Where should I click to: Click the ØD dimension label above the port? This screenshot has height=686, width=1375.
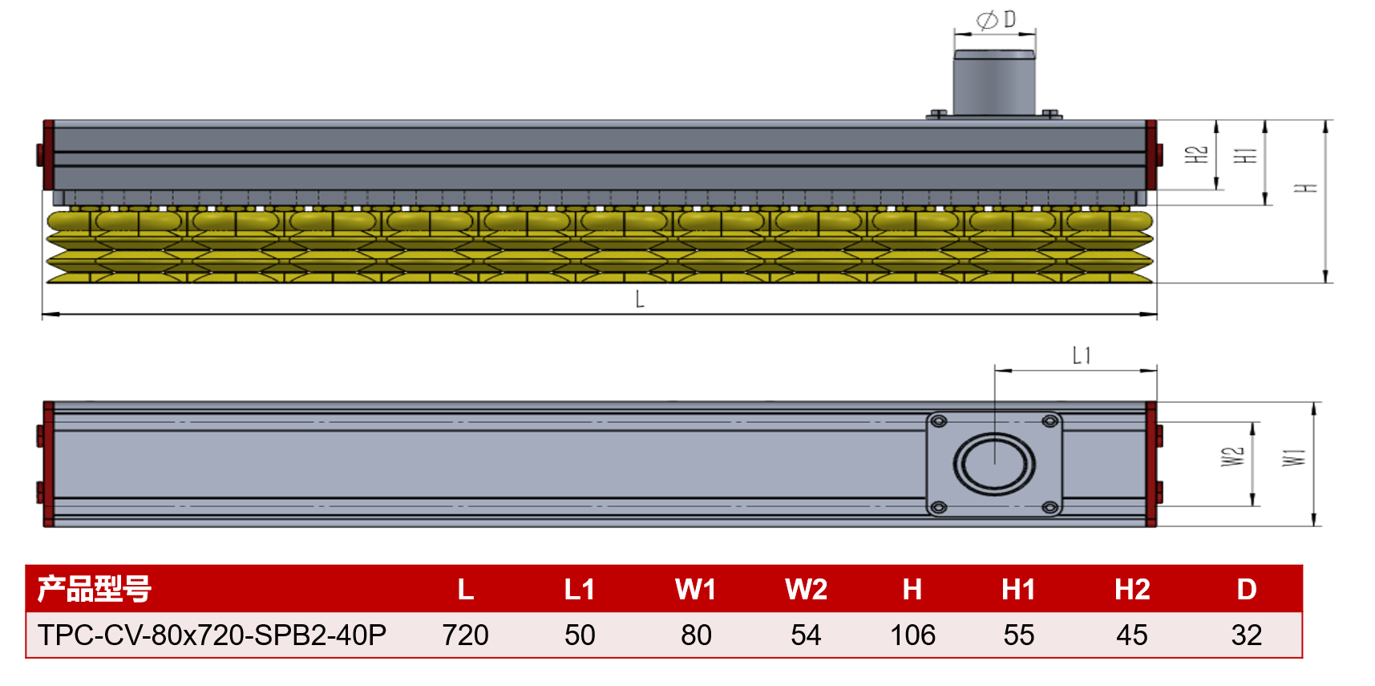(995, 19)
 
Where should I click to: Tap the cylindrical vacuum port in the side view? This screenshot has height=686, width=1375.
(994, 83)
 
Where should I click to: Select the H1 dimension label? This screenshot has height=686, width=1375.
(1245, 155)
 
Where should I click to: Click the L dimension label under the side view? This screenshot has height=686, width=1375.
(640, 299)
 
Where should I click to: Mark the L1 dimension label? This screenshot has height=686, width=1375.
(1082, 355)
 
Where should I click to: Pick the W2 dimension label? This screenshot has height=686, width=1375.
(1232, 457)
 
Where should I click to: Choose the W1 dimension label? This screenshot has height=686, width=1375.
(1294, 457)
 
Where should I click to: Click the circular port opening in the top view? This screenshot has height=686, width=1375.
(994, 464)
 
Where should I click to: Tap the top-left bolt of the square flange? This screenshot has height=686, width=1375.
(939, 421)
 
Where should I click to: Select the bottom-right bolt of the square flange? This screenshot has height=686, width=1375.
(1049, 507)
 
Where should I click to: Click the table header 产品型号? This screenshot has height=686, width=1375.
(95, 589)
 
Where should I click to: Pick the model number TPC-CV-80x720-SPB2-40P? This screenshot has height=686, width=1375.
(212, 635)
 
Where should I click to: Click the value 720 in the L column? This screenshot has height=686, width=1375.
(466, 635)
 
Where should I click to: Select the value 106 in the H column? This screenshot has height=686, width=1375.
(913, 635)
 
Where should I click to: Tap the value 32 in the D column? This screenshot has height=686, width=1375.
(1247, 635)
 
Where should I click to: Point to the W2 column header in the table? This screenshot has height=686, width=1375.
(807, 590)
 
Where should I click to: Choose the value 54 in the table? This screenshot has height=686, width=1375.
(807, 635)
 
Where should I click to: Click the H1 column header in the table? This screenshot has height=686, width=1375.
(1019, 590)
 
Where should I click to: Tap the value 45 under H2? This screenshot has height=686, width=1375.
(1132, 635)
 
